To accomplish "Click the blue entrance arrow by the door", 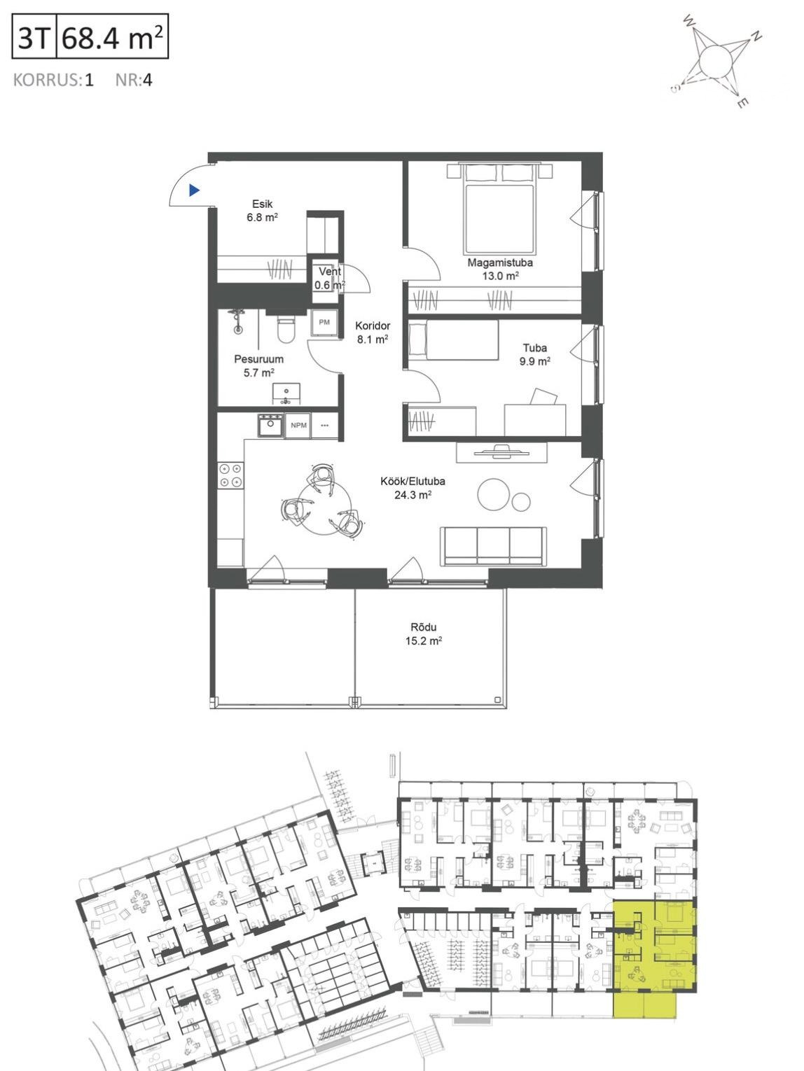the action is tap(194, 190).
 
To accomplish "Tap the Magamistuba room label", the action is tap(500, 262).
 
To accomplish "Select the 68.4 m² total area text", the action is tap(112, 37).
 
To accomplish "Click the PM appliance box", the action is tap(324, 322).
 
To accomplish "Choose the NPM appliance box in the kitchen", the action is tap(298, 425).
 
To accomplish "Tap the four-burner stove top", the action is tap(230, 475).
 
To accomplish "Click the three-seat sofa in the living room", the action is tap(493, 546).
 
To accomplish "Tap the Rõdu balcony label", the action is tap(423, 627).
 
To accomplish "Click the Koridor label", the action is tap(373, 325).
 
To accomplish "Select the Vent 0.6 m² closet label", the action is tap(330, 278).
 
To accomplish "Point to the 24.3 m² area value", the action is tap(413, 495).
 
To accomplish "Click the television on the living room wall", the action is tap(501, 451).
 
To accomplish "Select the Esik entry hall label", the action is tap(262, 204).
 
